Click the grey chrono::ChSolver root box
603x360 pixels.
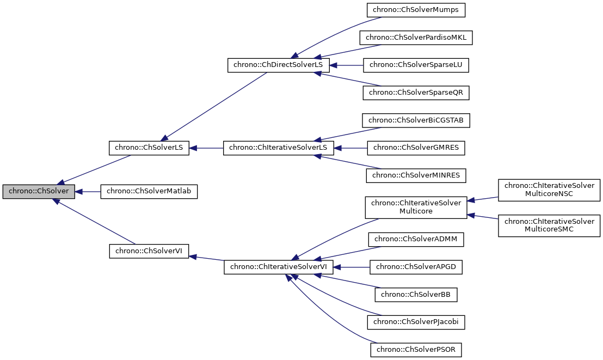click(38, 192)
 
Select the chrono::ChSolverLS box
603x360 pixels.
click(149, 148)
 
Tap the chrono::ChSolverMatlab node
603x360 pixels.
click(149, 192)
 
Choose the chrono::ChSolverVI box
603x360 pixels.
click(149, 251)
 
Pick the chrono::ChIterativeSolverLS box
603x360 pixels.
click(278, 148)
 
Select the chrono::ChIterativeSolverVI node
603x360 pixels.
click(278, 267)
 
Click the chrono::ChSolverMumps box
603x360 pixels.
click(416, 10)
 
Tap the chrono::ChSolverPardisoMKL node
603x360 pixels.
click(416, 38)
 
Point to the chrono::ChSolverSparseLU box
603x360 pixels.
click(416, 65)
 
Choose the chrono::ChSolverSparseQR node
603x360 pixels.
click(416, 93)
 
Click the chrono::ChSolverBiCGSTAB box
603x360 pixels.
click(416, 120)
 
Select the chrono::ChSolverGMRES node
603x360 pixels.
click(416, 148)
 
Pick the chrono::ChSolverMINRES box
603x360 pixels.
click(416, 175)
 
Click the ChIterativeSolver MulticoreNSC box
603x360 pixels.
click(549, 190)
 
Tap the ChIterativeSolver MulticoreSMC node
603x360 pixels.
click(549, 225)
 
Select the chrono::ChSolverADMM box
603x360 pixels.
click(416, 239)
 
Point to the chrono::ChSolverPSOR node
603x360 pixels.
click(416, 349)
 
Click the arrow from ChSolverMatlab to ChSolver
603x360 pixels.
click(88, 192)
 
